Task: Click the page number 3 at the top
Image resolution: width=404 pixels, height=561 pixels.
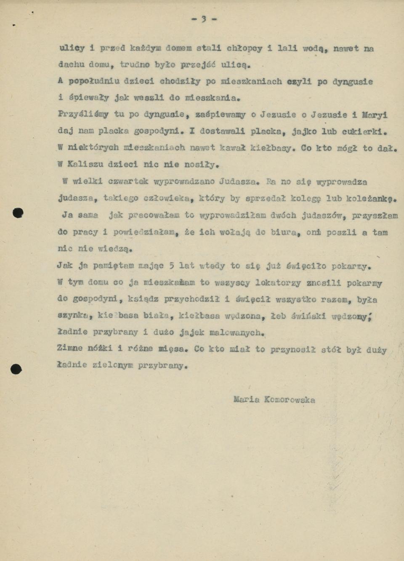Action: [x=204, y=19]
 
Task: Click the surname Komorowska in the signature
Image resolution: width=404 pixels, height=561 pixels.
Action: [x=290, y=399]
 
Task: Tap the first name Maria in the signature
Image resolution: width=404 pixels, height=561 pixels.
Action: [x=247, y=399]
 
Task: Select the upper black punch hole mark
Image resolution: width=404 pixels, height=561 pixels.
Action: [x=18, y=213]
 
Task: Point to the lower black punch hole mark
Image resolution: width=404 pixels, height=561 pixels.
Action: [x=16, y=369]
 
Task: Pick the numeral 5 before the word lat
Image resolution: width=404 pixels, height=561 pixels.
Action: [x=172, y=266]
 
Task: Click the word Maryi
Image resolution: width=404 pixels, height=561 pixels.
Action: [x=375, y=114]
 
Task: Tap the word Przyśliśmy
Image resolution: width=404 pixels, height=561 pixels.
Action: [x=83, y=114]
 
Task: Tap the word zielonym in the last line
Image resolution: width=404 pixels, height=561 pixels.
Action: [x=112, y=365]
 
